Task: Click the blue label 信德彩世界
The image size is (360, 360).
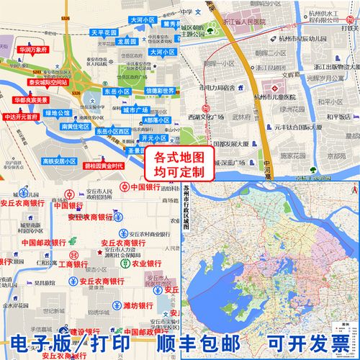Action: pyautogui.click(x=161, y=91)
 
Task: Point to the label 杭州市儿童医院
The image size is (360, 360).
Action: pyautogui.click(x=278, y=98)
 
